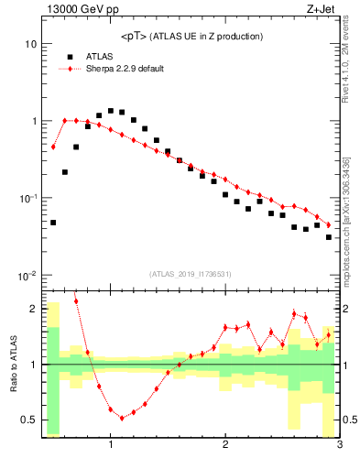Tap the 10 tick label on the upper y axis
point(30,44)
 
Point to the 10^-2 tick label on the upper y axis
point(27,276)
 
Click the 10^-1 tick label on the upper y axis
point(27,199)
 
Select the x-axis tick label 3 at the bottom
point(339,446)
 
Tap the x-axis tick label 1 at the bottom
point(111,446)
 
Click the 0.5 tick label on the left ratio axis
point(27,420)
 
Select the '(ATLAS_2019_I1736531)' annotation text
point(191,274)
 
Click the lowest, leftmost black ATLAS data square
point(53,223)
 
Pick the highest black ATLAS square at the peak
point(111,111)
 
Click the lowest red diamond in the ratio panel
point(122,418)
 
